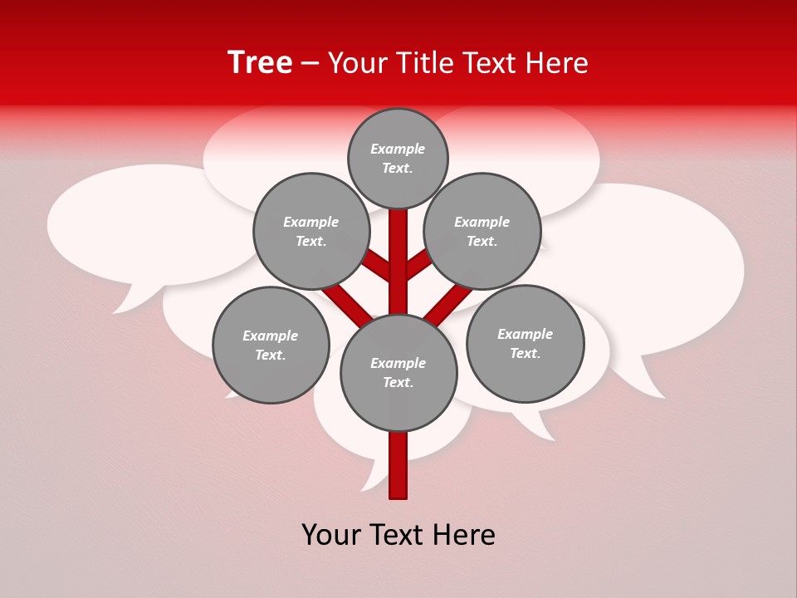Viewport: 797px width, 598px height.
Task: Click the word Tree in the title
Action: click(260, 62)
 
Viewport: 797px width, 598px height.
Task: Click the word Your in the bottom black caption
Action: click(331, 534)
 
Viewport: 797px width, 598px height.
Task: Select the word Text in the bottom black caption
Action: click(398, 534)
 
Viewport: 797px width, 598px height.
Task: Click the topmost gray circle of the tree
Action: click(398, 158)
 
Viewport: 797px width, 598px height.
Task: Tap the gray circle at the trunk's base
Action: click(398, 373)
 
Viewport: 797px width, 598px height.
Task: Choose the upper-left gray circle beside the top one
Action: click(311, 231)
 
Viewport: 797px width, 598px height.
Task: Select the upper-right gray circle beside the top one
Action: click(482, 231)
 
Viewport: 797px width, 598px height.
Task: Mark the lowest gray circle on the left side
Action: click(271, 346)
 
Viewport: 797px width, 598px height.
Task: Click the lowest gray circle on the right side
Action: click(525, 343)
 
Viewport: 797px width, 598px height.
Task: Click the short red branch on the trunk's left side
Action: click(378, 267)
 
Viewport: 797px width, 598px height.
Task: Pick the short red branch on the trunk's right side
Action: click(418, 265)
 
